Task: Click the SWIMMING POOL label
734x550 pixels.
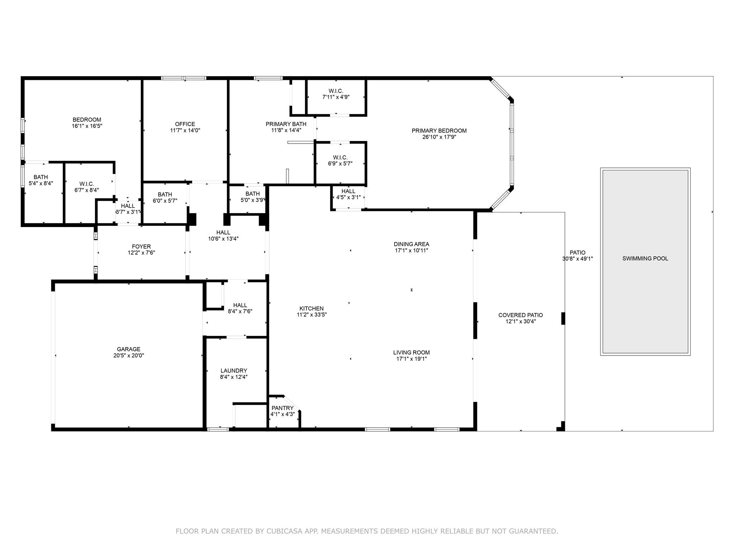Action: coord(645,259)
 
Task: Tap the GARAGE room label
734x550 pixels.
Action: coord(129,349)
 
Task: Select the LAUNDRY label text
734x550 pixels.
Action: coord(234,371)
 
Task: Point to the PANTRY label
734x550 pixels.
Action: coord(282,408)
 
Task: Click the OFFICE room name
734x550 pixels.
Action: coord(185,124)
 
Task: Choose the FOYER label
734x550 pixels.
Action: coord(141,246)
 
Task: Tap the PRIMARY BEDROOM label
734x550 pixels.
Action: coord(439,131)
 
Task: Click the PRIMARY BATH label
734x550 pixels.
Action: coord(286,124)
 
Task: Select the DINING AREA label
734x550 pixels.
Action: coord(411,244)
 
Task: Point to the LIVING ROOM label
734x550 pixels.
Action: coord(411,352)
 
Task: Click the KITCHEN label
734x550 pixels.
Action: coord(311,308)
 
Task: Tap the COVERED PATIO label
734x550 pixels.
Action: coord(520,315)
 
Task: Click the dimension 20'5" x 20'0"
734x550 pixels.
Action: coord(129,356)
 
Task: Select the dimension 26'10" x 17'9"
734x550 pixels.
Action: coord(439,137)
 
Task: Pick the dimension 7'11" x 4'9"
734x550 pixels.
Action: coord(336,97)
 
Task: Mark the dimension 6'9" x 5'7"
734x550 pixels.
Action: coord(340,164)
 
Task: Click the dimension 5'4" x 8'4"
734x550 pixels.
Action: coord(41,183)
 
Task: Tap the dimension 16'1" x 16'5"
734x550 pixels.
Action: coord(87,126)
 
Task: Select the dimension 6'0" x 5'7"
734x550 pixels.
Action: coord(165,201)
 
